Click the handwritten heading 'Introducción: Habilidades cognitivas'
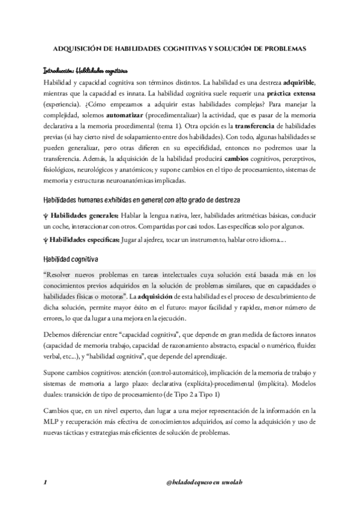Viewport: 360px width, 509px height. (x=89, y=70)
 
